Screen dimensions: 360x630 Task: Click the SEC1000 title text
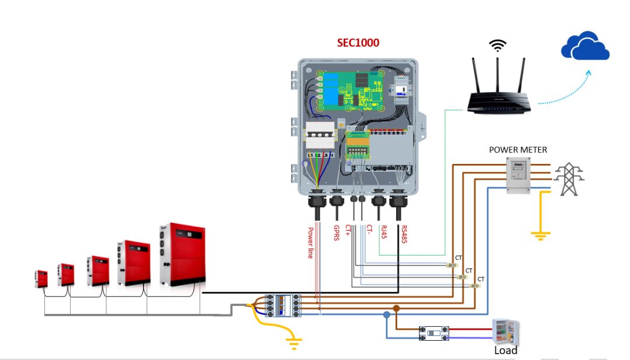pyautogui.click(x=358, y=43)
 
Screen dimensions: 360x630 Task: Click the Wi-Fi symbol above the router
pyautogui.click(x=497, y=46)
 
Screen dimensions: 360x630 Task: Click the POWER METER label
pyautogui.click(x=518, y=150)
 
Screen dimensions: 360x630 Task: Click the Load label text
pyautogui.click(x=505, y=351)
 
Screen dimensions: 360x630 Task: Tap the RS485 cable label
pyautogui.click(x=402, y=234)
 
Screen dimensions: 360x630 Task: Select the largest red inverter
pyautogui.click(x=182, y=257)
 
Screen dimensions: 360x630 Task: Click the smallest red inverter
pyautogui.click(x=41, y=279)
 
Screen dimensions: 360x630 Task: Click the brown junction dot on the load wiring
pyautogui.click(x=397, y=308)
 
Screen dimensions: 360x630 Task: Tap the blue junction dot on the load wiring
pyautogui.click(x=386, y=315)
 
